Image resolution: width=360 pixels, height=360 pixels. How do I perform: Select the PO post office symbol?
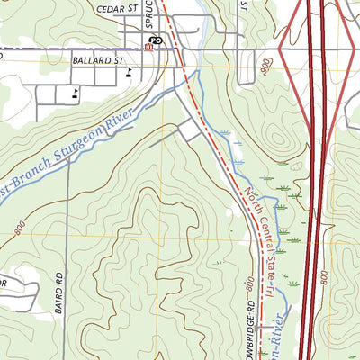155,40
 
